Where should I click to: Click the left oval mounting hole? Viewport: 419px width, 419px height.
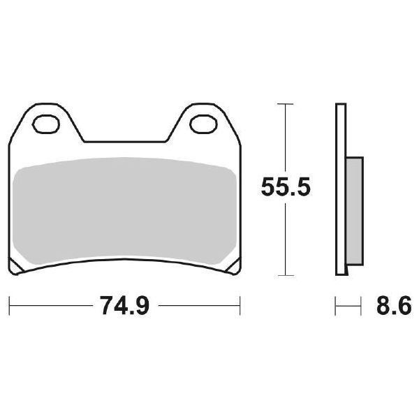[47, 126]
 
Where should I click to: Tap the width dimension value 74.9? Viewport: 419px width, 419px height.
[126, 305]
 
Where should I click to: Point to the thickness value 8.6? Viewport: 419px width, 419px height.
[392, 305]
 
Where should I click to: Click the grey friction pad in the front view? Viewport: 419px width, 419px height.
[126, 213]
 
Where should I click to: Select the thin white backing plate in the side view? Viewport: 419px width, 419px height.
[340, 189]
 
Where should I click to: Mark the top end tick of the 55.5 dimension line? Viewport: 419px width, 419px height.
[283, 104]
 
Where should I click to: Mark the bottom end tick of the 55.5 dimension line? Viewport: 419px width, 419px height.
[283, 274]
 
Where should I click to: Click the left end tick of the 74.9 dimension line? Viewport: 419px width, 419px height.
[9, 305]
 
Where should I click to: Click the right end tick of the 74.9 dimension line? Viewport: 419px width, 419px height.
[241, 305]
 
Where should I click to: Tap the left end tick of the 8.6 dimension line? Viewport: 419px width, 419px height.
[336, 305]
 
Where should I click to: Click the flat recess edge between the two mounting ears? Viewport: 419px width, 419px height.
[126, 142]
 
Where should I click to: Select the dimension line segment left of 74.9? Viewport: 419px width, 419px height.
[49, 305]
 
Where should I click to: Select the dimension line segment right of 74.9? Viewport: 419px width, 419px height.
[199, 305]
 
